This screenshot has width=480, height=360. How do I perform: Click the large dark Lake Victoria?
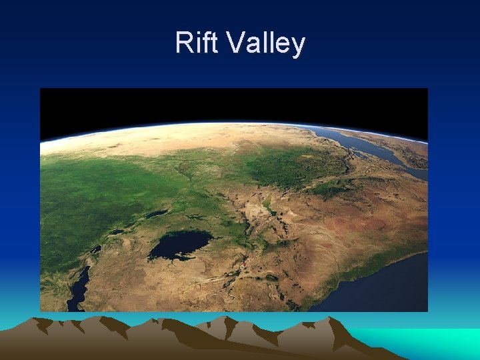point(180,245)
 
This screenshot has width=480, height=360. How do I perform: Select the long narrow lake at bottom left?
point(79,287)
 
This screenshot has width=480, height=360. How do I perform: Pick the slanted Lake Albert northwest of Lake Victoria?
point(157,214)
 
